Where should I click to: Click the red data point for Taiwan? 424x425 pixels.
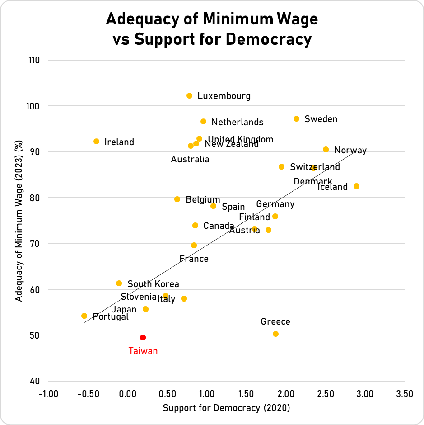[143, 337]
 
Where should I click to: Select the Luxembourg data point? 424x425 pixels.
[189, 96]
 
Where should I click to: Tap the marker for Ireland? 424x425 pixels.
[96, 142]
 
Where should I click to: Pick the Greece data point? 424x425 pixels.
[275, 334]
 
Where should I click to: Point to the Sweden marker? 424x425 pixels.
[296, 118]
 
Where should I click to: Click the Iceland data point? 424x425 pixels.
[356, 186]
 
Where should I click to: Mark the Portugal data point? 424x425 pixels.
[84, 316]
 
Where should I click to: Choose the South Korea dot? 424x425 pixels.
[119, 283]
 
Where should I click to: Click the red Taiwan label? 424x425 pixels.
[143, 351]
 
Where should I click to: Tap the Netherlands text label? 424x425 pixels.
[237, 122]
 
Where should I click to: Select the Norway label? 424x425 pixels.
[350, 151]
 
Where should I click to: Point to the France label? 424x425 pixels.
[194, 259]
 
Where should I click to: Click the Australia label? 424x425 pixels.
[190, 159]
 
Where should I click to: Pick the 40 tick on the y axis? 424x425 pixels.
[35, 381]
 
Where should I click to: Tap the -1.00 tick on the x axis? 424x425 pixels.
[48, 394]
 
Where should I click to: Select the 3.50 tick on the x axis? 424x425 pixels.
[404, 394]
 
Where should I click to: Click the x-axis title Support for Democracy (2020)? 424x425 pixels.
[226, 408]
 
